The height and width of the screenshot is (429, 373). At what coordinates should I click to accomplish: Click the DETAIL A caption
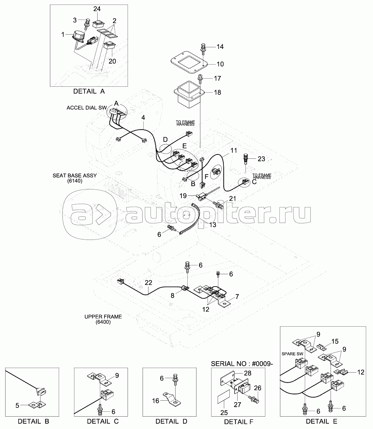click(89, 91)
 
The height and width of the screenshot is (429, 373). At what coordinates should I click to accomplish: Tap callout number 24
click(97, 9)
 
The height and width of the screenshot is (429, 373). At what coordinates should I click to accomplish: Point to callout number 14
click(220, 47)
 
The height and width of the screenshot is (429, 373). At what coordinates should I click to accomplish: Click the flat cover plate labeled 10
click(189, 62)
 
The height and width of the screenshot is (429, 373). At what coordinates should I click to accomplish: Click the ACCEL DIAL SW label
click(87, 108)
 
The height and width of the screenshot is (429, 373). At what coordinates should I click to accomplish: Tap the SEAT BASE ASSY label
click(74, 175)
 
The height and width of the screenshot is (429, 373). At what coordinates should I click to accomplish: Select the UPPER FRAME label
click(103, 317)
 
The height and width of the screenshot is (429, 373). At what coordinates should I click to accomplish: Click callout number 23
click(261, 159)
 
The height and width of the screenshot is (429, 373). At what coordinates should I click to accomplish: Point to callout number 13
click(213, 225)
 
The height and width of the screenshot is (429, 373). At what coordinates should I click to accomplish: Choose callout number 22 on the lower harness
click(148, 283)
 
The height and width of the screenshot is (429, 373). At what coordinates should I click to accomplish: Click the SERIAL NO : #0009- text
click(242, 364)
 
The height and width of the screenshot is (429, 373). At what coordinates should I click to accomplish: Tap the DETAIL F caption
click(239, 422)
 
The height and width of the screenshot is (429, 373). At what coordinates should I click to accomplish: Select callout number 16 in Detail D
click(156, 401)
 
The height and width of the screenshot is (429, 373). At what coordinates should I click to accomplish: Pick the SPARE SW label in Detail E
click(292, 354)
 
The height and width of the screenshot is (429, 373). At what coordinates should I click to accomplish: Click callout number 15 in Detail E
click(335, 341)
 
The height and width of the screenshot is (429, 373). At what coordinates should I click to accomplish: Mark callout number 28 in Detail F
click(248, 373)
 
